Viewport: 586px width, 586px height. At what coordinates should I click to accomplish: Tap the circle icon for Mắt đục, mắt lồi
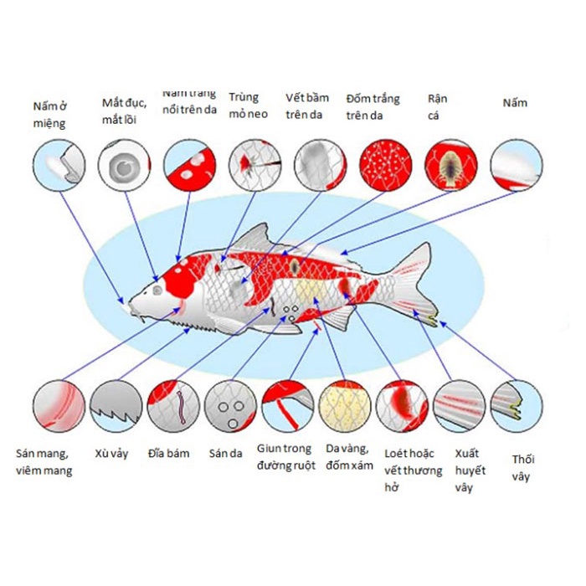click(x=124, y=165)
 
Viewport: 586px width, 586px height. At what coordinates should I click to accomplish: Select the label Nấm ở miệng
click(x=49, y=115)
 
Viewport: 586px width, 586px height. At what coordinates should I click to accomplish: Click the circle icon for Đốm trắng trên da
click(x=386, y=165)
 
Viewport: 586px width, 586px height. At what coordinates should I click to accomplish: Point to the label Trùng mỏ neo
click(x=249, y=105)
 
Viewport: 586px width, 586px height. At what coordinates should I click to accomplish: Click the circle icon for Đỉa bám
click(x=173, y=407)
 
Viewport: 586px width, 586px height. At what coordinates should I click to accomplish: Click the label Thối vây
click(x=523, y=468)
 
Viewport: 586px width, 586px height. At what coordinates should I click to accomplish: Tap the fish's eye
click(x=157, y=290)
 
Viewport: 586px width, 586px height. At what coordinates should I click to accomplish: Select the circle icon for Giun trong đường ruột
click(x=288, y=407)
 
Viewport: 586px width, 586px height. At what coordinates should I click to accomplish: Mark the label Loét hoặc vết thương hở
click(x=409, y=469)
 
